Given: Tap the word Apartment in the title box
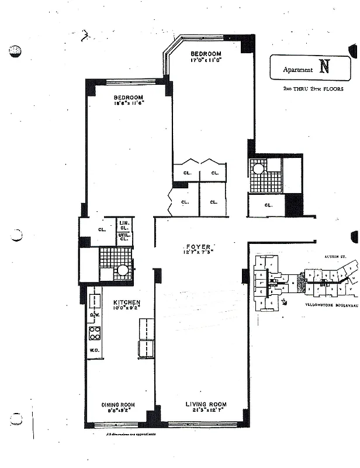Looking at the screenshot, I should click(298, 70).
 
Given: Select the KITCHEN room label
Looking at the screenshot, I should click(126, 302).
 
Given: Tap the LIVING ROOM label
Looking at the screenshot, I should click(206, 404).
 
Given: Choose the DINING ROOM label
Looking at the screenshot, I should click(119, 404).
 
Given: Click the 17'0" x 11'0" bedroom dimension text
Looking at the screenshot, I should click(205, 60).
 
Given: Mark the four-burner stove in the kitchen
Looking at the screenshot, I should click(95, 333).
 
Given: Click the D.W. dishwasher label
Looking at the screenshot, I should click(94, 314).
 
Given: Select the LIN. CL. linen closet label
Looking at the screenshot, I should click(124, 225).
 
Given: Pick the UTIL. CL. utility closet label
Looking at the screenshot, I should click(124, 236).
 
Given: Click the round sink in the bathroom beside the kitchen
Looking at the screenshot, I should click(123, 271).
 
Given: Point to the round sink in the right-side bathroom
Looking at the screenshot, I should click(258, 169).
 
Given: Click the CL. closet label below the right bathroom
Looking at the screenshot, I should click(268, 205).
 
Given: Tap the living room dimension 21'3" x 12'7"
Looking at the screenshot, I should click(206, 411).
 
